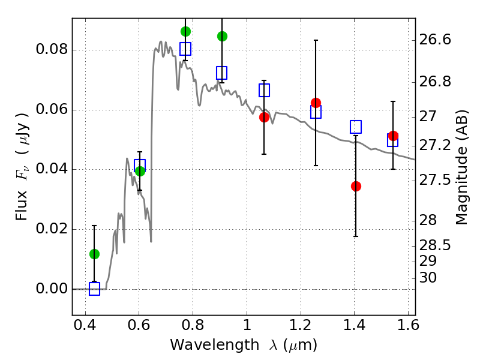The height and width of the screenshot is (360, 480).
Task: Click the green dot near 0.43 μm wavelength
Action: tap(94, 254)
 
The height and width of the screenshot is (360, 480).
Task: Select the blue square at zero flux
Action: tap(94, 289)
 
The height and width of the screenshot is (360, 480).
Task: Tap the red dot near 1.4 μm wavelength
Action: tap(356, 186)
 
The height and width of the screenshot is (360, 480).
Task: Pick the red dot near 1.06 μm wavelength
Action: tap(264, 117)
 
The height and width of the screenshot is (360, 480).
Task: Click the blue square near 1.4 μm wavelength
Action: tap(356, 127)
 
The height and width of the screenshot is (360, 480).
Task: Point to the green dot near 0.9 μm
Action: tap(222, 36)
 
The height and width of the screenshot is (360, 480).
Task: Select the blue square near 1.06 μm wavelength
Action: tap(264, 91)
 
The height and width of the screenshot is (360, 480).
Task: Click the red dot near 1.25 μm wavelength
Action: tap(316, 103)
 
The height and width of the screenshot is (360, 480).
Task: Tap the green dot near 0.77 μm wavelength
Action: tap(185, 31)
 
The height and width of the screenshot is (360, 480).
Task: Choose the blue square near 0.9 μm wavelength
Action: tap(221, 73)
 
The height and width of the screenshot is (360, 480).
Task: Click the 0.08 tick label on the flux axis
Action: tap(52, 49)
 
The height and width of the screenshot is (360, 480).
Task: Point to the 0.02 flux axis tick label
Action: tap(52, 229)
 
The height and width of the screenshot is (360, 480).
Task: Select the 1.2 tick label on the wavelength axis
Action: tap(301, 325)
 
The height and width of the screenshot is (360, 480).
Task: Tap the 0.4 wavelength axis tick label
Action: tap(85, 325)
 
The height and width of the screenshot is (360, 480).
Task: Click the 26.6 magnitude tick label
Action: tap(435, 40)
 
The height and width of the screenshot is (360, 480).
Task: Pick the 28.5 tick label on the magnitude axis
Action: tap(435, 245)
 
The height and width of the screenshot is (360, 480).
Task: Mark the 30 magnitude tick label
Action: tap(428, 278)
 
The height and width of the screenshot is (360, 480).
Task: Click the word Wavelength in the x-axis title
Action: tap(215, 345)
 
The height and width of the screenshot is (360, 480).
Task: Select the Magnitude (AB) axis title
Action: tap(461, 167)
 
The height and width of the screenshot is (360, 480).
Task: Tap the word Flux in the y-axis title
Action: tap(22, 205)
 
